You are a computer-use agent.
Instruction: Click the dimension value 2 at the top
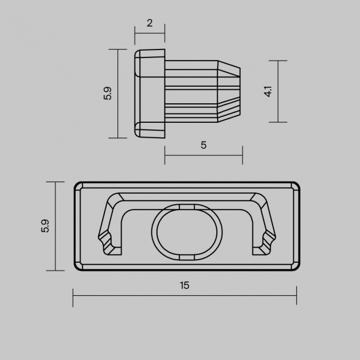click(x=150, y=23)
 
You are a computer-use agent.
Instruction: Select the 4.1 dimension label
click(x=268, y=92)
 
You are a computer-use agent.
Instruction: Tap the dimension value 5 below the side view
click(x=204, y=145)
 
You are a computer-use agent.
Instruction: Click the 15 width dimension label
click(x=185, y=285)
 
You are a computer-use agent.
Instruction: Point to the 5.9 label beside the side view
click(x=108, y=94)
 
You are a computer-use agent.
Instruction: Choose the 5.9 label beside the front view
click(x=45, y=226)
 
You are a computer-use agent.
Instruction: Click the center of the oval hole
click(x=186, y=232)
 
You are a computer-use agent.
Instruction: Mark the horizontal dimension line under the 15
click(x=185, y=295)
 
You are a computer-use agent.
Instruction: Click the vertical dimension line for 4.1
click(x=278, y=92)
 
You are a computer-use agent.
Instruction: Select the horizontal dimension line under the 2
click(x=150, y=34)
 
